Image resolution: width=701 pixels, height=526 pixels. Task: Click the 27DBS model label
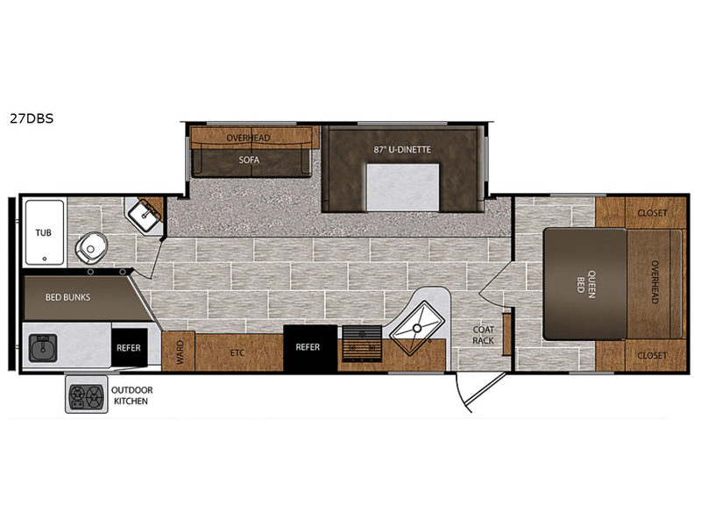tap(32, 118)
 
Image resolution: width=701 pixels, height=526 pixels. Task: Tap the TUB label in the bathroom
tap(43, 232)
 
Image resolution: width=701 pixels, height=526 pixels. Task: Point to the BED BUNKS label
tap(67, 297)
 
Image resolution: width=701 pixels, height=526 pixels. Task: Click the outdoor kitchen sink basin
tap(43, 347)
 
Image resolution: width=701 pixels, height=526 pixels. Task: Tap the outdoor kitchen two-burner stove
tap(86, 395)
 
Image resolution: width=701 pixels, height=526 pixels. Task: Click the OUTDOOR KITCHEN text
tap(132, 395)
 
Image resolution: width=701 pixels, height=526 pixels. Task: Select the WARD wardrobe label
tap(181, 352)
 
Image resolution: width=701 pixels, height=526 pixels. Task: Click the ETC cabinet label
tap(237, 353)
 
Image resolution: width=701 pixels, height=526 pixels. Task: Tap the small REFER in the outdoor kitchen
tap(129, 347)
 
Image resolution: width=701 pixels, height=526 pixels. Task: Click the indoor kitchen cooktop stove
tap(362, 344)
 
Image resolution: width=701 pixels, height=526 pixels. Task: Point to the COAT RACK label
tap(484, 335)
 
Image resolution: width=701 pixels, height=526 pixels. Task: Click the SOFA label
tap(249, 160)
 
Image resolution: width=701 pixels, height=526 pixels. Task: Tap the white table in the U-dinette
tap(402, 188)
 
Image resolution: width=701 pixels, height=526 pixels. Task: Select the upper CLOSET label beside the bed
tap(652, 213)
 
